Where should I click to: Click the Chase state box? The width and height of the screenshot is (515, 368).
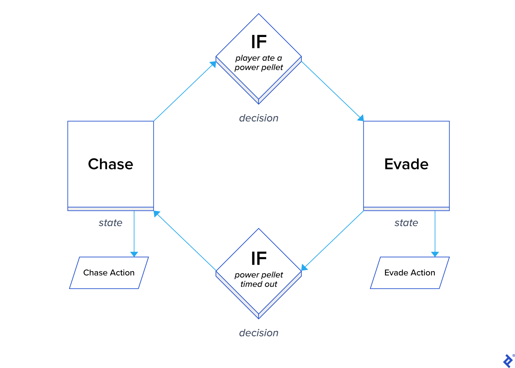[111, 164]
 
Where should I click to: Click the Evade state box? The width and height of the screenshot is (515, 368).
[406, 164]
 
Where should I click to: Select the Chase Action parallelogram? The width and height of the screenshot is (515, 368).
[109, 273]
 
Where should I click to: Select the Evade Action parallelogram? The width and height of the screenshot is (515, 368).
[410, 273]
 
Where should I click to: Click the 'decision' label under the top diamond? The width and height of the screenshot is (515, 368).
[258, 118]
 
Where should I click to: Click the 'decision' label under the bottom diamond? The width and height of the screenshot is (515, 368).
[258, 333]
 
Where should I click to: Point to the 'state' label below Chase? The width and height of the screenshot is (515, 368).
[111, 223]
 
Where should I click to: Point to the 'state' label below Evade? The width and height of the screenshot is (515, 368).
[406, 223]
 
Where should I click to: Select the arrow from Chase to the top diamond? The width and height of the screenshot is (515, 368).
[185, 91]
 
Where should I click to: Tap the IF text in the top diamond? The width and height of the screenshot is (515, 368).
[259, 42]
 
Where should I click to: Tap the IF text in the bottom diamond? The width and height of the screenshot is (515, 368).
[259, 258]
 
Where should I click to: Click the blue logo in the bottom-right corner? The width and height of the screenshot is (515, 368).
[508, 361]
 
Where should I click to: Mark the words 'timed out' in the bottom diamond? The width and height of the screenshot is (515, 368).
[258, 284]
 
